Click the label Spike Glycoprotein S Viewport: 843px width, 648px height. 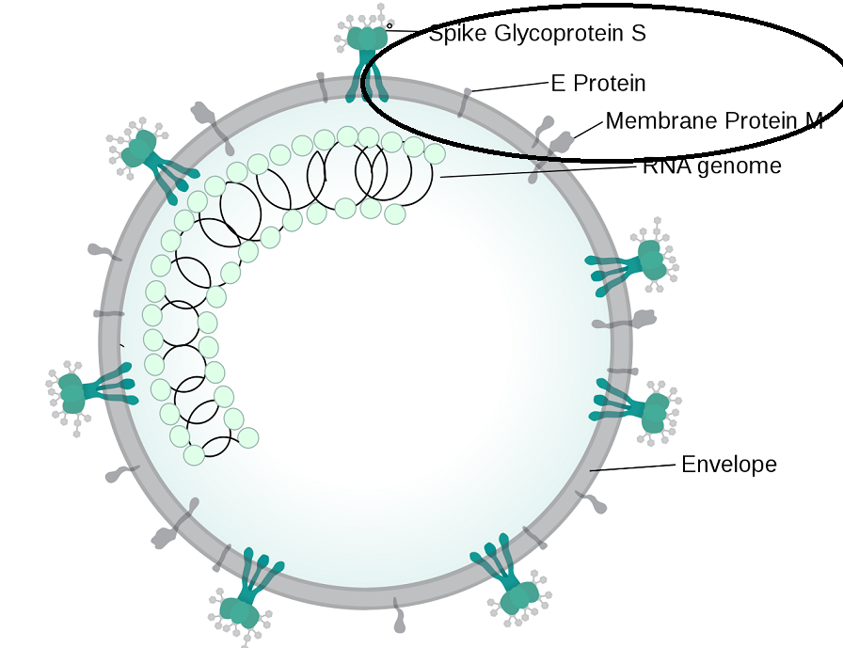click(537, 35)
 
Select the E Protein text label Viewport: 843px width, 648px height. click(598, 84)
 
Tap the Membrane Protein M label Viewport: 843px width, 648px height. click(714, 121)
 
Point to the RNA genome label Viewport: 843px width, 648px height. click(711, 167)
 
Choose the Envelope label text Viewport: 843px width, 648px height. click(729, 465)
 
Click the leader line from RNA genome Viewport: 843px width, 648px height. click(536, 172)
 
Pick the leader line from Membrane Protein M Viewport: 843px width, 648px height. click(589, 130)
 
